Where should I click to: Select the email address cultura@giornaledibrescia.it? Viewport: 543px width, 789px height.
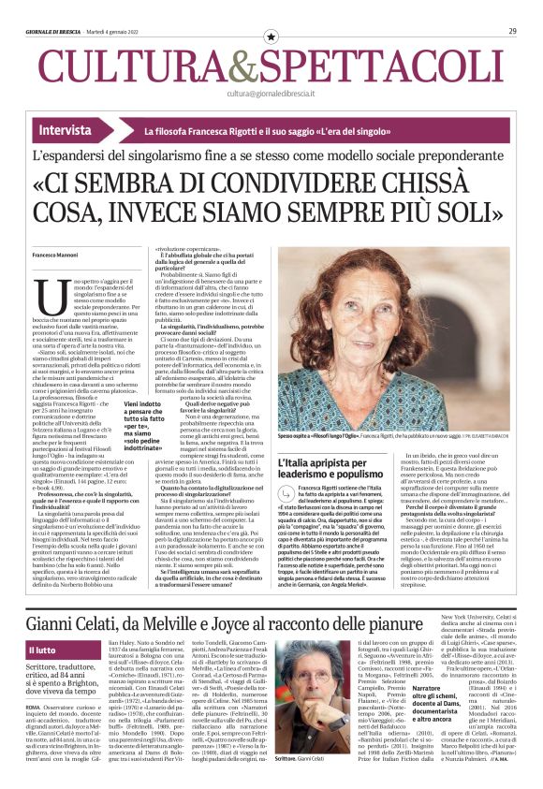pyautogui.click(x=271, y=94)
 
